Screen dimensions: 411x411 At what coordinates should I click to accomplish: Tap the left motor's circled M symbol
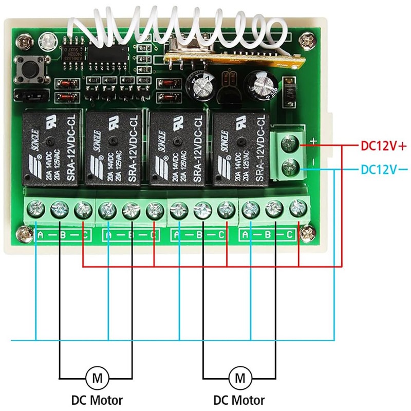97,379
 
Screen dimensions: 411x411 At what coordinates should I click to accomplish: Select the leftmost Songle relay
51,149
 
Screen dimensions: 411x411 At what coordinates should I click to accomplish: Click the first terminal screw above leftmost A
36,209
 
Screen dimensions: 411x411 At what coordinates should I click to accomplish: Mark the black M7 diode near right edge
289,91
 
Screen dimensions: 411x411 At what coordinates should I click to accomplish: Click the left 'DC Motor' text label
97,400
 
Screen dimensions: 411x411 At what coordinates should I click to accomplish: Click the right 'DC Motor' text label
240,400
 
